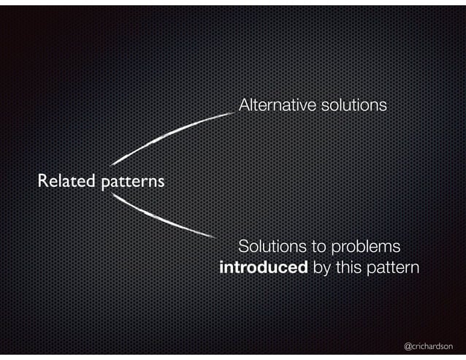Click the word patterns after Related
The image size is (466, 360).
(132, 181)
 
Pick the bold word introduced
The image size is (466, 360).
(264, 267)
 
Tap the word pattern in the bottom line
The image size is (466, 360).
(393, 268)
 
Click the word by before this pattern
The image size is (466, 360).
(321, 269)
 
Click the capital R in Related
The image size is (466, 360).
(43, 180)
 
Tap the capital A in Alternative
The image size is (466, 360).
(244, 106)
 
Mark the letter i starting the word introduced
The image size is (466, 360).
(222, 267)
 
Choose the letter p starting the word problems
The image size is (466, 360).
(335, 247)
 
